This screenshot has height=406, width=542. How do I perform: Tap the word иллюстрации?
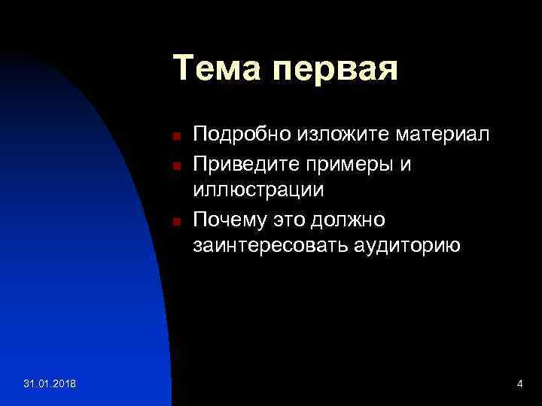(258, 191)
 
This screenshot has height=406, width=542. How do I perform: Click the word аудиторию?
(407, 247)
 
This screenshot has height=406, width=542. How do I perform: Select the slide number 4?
(519, 385)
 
